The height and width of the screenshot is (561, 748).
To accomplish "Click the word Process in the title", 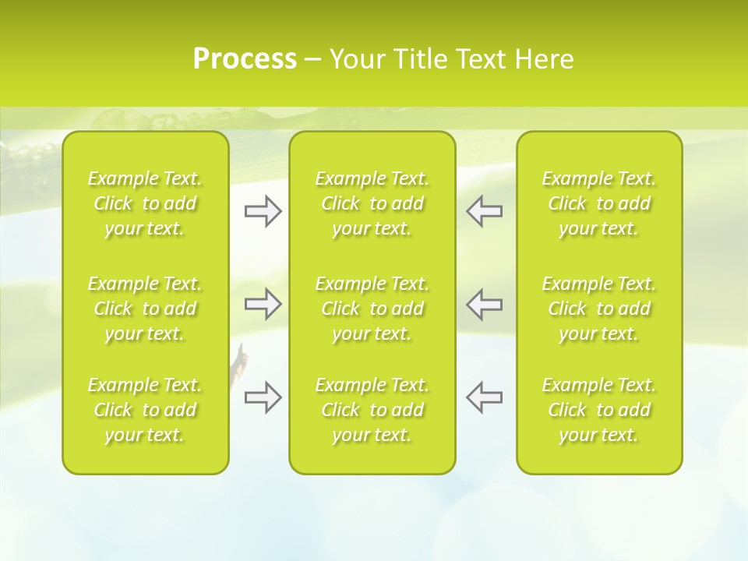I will (x=245, y=59).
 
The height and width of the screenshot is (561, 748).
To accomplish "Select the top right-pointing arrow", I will (x=263, y=211).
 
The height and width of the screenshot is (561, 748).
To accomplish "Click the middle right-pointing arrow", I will (x=263, y=304).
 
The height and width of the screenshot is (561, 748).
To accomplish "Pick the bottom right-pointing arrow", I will (x=263, y=397).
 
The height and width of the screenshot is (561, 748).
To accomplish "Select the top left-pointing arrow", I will (x=485, y=211).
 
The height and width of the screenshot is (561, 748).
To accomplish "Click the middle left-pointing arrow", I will (x=485, y=304).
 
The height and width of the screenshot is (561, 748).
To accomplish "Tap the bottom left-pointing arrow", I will (x=485, y=397).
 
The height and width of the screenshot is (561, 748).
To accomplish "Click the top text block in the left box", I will (x=145, y=203).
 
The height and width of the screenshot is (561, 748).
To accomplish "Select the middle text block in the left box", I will (x=145, y=309).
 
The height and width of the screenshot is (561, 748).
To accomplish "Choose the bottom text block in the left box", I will (x=145, y=410).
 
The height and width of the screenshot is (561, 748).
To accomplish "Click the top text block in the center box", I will (x=372, y=203).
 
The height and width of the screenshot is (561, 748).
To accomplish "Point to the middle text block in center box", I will (x=372, y=309).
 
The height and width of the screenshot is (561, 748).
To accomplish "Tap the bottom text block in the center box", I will (x=372, y=410).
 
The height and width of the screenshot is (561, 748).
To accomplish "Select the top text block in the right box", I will (x=598, y=203).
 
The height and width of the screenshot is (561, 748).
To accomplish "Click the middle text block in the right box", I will (x=598, y=309).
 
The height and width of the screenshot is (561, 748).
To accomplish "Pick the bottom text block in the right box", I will (x=598, y=410).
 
